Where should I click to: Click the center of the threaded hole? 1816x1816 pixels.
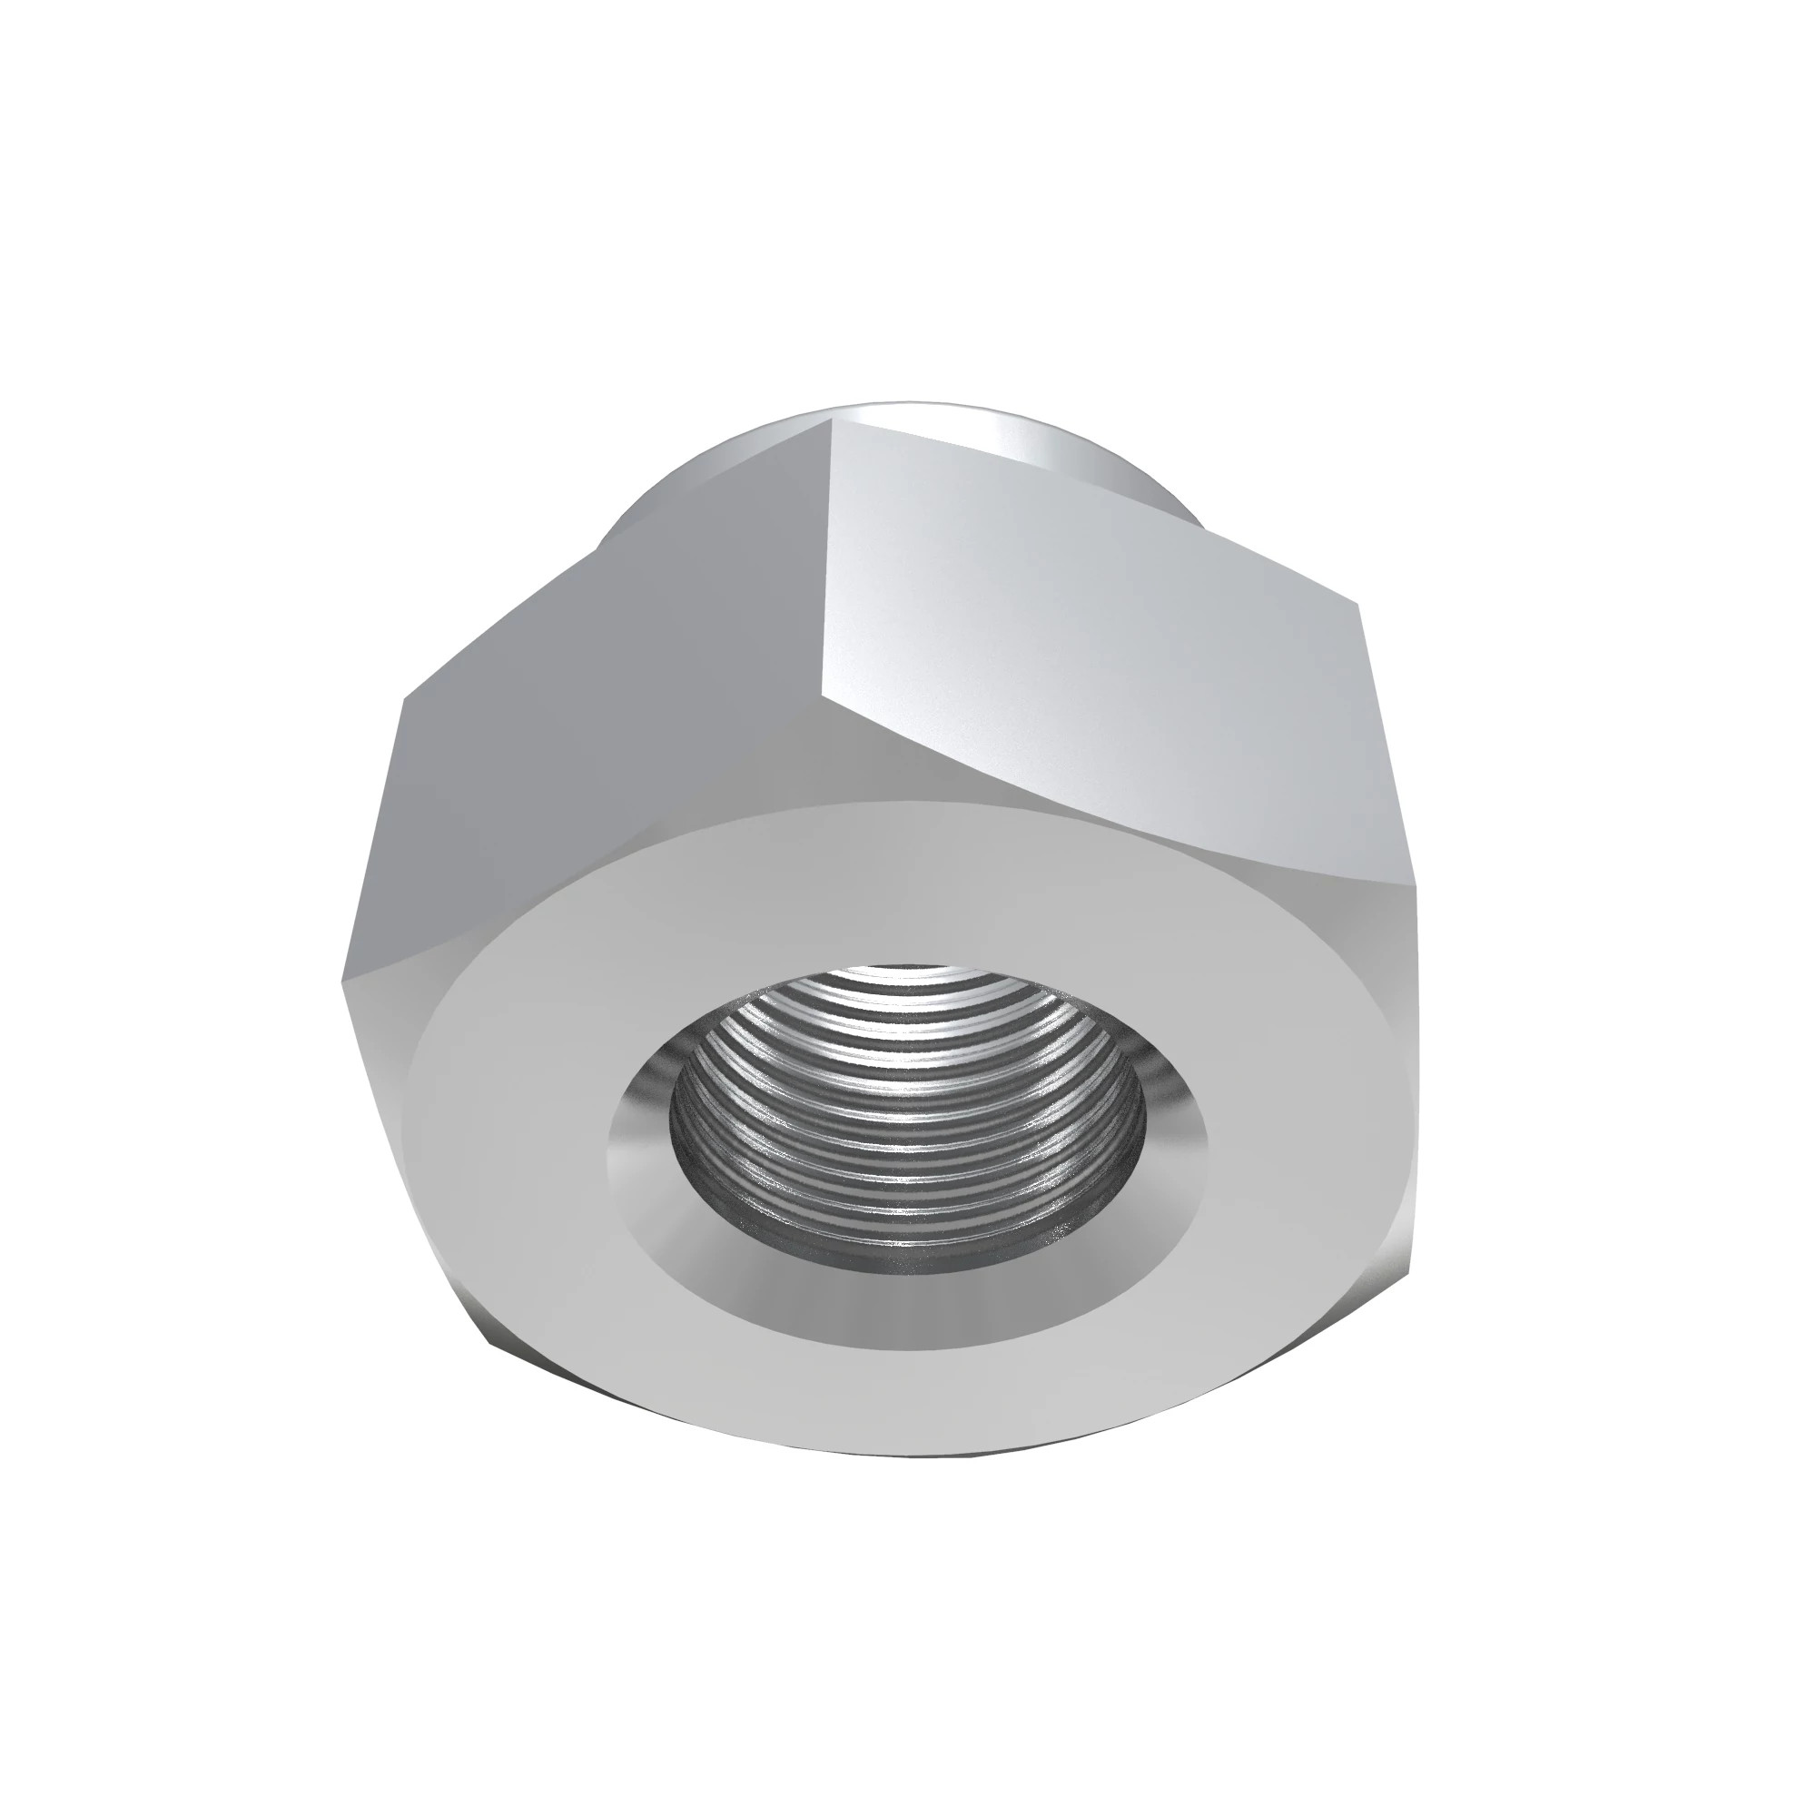tap(910, 1119)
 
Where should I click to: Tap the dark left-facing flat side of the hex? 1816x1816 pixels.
tap(602, 752)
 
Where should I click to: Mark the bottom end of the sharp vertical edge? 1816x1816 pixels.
tap(824, 697)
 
